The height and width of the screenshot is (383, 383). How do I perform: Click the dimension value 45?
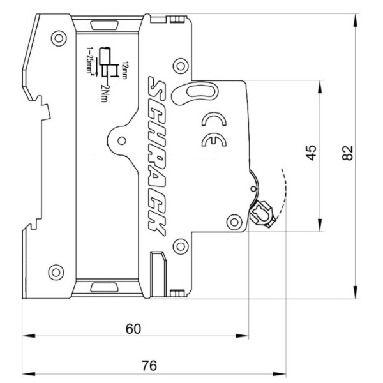pyautogui.click(x=311, y=153)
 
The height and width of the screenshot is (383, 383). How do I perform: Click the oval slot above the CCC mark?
pyautogui.click(x=191, y=91)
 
